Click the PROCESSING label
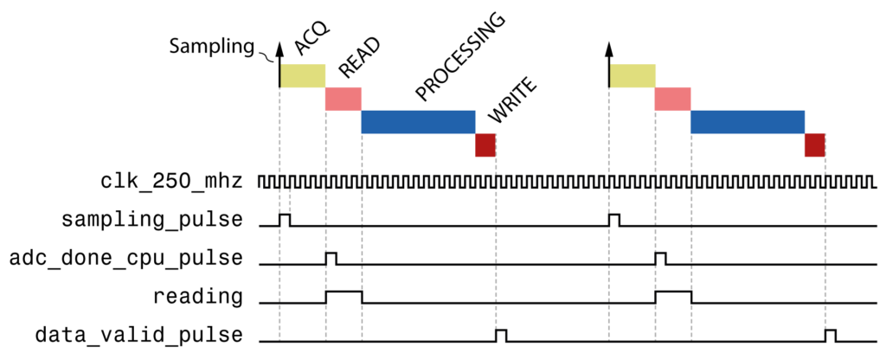click(x=459, y=57)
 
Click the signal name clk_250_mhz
click(x=171, y=182)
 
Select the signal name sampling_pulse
click(x=152, y=220)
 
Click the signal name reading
click(x=198, y=296)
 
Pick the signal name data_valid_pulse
click(x=138, y=334)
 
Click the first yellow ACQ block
click(x=302, y=75)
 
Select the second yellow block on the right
click(x=632, y=75)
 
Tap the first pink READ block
click(x=343, y=99)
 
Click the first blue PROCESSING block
click(x=418, y=122)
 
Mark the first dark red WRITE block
click(x=485, y=145)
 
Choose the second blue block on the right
click(x=748, y=122)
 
